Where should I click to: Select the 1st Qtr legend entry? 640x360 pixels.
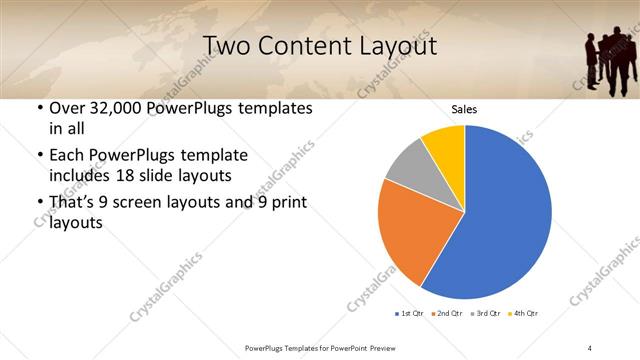click(x=411, y=314)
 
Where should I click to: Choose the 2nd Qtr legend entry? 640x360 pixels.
click(x=447, y=314)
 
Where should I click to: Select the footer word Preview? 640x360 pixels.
click(x=378, y=347)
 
